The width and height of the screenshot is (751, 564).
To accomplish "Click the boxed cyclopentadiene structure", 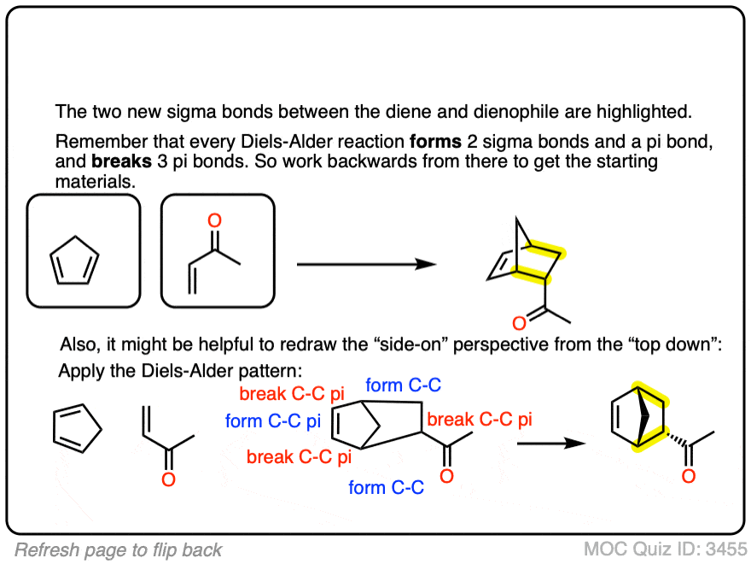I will point(83,250).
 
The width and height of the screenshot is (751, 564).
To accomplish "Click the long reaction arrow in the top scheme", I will point(367,264).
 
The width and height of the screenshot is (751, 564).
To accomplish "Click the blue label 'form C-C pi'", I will point(273,420).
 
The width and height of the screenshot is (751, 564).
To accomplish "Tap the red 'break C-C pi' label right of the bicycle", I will point(480,420).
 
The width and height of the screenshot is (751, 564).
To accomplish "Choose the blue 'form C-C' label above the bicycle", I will point(404,385).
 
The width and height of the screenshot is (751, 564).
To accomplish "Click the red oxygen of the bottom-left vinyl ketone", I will point(168,480).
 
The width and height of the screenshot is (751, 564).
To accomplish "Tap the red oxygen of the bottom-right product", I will point(688,474).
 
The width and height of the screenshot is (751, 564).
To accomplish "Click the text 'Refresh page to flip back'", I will point(119,549).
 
